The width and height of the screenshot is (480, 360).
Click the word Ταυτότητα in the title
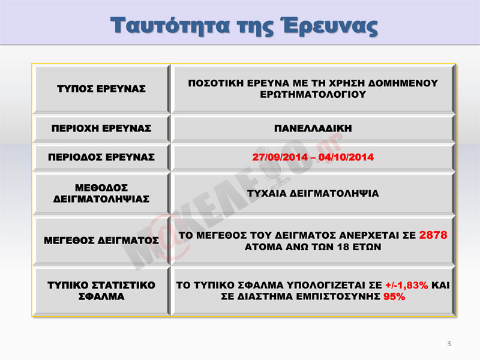(170, 25)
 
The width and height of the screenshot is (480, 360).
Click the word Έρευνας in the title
(329, 26)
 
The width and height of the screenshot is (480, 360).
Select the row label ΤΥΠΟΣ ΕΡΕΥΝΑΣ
(101, 89)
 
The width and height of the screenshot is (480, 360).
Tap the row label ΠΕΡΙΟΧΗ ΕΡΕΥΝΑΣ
(101, 128)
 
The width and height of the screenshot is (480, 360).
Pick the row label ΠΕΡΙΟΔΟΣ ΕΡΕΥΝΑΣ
(101, 157)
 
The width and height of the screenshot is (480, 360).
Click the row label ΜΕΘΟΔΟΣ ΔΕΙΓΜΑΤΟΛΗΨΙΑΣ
(101, 193)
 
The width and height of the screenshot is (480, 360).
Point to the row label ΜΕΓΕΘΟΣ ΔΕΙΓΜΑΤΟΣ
(101, 241)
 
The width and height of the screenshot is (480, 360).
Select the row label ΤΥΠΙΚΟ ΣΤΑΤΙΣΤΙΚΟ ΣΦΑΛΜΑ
(101, 291)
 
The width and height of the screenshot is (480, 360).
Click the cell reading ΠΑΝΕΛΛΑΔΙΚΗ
(313, 128)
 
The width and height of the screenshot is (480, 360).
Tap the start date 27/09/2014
(280, 157)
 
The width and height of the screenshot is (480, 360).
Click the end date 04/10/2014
(346, 157)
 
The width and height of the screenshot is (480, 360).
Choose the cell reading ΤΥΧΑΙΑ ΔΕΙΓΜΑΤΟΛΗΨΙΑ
(313, 193)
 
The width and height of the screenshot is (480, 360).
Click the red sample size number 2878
(433, 235)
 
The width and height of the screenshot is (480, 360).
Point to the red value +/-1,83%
(407, 286)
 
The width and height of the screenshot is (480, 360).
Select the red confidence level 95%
(394, 296)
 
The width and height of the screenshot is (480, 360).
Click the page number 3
(449, 343)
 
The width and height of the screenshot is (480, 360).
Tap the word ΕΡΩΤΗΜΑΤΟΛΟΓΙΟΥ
(313, 94)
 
